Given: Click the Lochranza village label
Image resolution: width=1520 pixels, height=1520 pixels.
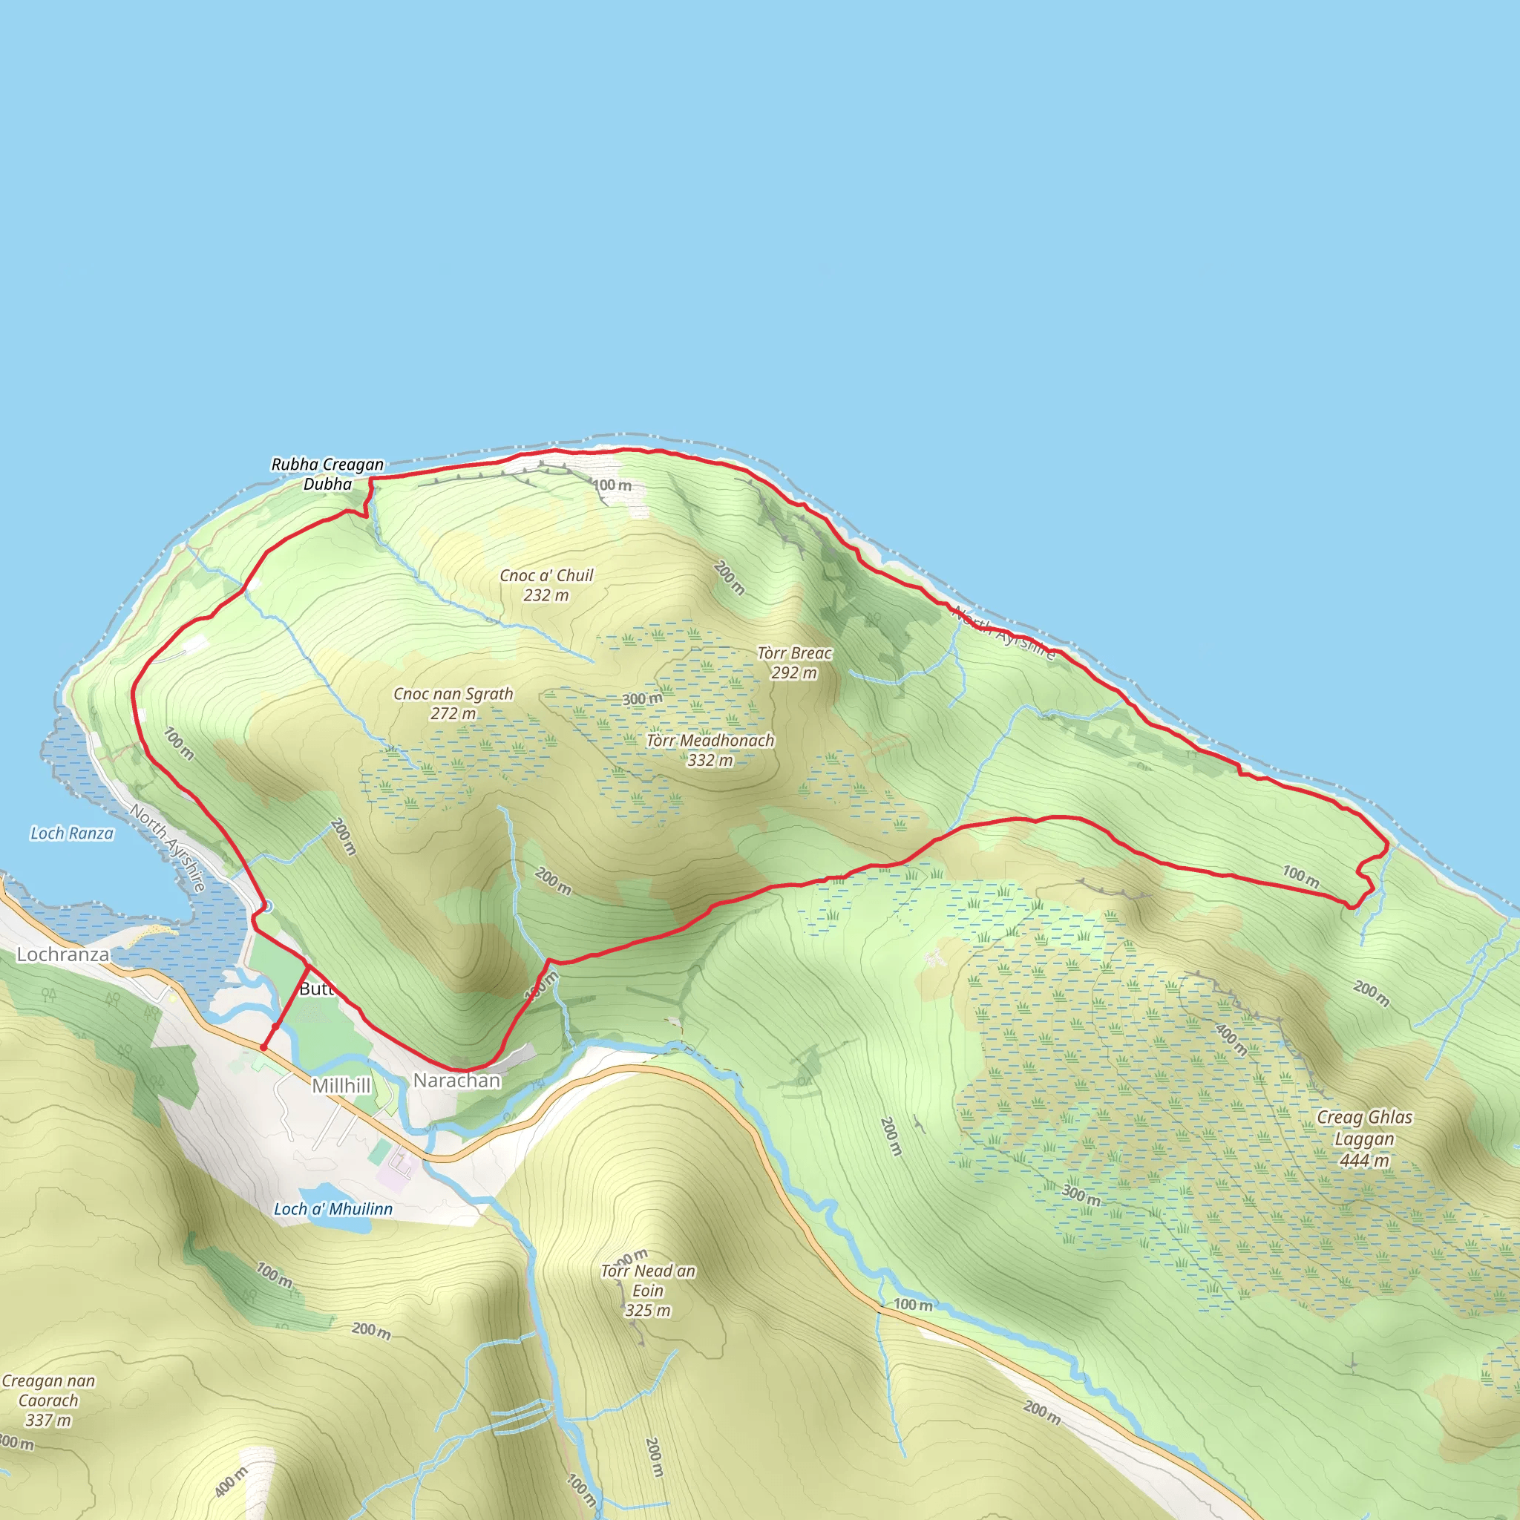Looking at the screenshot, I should click(x=63, y=954).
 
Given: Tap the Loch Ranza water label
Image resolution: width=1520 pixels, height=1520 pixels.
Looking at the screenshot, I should click(x=71, y=833).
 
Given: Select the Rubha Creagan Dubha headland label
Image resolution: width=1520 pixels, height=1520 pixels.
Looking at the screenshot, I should click(x=327, y=474).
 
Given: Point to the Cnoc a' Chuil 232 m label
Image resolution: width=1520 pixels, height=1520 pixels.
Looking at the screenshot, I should click(x=546, y=586).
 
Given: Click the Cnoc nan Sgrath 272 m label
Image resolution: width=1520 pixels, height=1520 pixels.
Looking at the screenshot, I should click(x=453, y=704).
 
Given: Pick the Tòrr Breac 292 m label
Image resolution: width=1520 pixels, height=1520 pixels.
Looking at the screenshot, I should click(x=794, y=663).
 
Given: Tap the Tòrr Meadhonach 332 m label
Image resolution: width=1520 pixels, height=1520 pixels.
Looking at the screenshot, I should click(x=710, y=750).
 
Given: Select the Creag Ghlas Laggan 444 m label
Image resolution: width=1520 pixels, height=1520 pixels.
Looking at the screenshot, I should click(x=1364, y=1139).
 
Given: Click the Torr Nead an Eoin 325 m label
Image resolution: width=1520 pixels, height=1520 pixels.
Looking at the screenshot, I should click(x=647, y=1290).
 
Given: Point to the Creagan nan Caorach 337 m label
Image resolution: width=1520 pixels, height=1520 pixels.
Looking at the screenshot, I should click(x=48, y=1400).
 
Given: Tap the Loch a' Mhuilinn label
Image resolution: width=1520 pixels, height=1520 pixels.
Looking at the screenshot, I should click(x=332, y=1209).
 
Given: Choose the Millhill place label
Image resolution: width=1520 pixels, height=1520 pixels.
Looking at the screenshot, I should click(x=341, y=1086).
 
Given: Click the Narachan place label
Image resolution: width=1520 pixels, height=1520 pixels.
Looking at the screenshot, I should click(x=456, y=1081).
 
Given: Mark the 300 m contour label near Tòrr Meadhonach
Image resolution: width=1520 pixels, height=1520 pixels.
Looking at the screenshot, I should click(x=642, y=698).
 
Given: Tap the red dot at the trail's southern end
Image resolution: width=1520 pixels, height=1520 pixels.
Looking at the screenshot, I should click(x=263, y=1048).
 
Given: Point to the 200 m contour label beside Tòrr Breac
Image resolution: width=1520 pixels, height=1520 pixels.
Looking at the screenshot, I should click(x=730, y=577).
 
